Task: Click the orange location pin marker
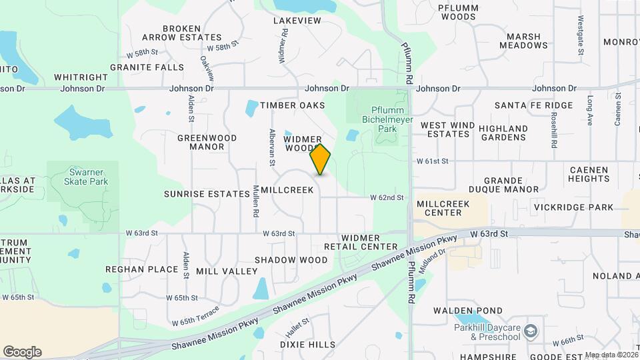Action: pyautogui.click(x=321, y=159)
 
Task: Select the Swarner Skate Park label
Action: pyautogui.click(x=83, y=176)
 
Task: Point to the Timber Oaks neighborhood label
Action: pyautogui.click(x=293, y=105)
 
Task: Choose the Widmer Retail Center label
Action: pyautogui.click(x=360, y=242)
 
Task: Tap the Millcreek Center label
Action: pyautogui.click(x=438, y=207)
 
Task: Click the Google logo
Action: pyautogui.click(x=22, y=351)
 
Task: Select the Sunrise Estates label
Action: pyautogui.click(x=207, y=193)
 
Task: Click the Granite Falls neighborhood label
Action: pyautogui.click(x=147, y=67)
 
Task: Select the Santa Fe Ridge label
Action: pyautogui.click(x=533, y=105)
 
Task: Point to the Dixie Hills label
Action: pyautogui.click(x=307, y=345)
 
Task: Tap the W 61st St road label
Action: pyautogui.click(x=433, y=161)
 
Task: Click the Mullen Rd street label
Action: pyautogui.click(x=256, y=202)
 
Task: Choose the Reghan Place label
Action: pyautogui.click(x=141, y=269)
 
